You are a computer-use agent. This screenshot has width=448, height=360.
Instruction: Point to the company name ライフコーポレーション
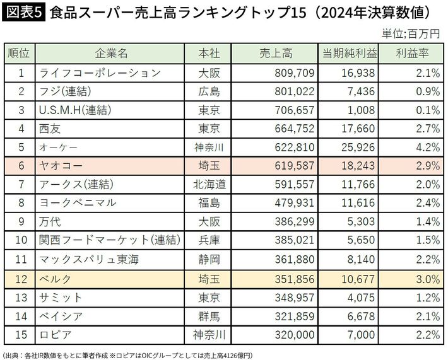99,73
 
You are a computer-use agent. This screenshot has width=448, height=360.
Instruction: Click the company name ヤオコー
60,166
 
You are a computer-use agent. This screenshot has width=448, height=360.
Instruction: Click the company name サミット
60,297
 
